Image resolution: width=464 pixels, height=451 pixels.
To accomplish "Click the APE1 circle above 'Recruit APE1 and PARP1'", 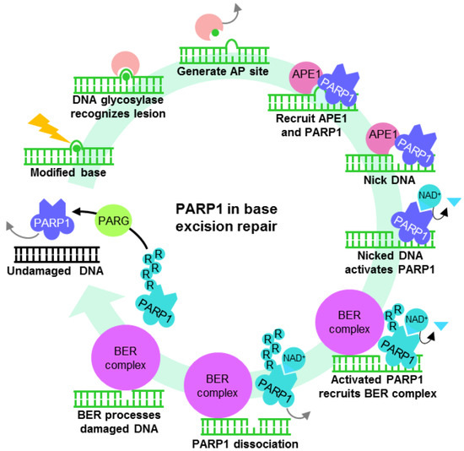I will coord(309,73).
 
